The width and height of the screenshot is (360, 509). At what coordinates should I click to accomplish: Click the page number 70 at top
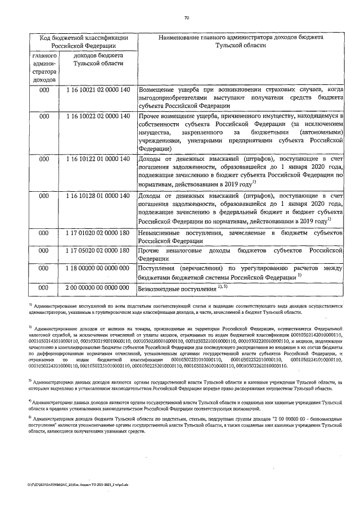[186, 18]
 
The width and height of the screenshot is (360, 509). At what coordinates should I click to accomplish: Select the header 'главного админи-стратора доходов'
[44, 68]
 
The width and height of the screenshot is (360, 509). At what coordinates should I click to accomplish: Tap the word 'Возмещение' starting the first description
[160, 90]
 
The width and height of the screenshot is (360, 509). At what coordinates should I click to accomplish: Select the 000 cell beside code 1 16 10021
[44, 90]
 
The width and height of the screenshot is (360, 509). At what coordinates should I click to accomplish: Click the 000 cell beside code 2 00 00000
[44, 287]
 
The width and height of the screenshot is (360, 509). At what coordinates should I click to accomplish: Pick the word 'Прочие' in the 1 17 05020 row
[150, 250]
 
